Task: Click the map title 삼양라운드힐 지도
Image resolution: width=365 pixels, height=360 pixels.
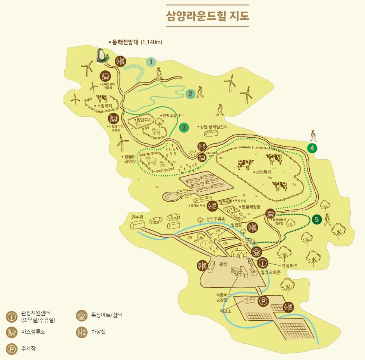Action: point(207,16)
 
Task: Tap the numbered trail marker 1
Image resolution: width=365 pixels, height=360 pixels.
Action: point(151,61)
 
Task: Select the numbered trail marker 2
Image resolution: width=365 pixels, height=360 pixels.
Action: point(190,93)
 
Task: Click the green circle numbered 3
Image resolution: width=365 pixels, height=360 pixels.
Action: point(184,127)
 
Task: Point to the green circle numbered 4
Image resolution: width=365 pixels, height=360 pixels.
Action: point(312,148)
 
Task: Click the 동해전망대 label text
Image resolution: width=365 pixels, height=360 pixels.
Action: point(125,42)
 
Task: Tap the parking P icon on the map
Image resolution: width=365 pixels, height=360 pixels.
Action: point(263,301)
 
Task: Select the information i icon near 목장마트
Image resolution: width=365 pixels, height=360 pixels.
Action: point(263,263)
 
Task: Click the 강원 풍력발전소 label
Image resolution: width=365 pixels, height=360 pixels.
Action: point(213,127)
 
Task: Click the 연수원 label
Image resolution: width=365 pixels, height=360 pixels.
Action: point(137,217)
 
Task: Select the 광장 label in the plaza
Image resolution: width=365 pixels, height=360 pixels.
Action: point(223,264)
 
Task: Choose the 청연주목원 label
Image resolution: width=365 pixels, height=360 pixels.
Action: point(216,219)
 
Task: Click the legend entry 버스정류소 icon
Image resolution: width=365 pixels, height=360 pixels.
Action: point(12,332)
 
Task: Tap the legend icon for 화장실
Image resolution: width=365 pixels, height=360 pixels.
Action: point(81,332)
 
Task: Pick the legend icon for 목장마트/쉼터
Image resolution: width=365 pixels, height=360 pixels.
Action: point(81,315)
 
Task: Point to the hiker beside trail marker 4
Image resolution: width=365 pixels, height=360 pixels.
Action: point(314,136)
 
